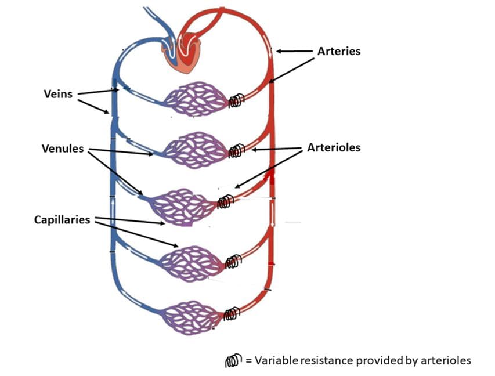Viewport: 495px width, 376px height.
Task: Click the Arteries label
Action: tap(339, 51)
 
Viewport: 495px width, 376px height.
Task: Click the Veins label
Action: tap(58, 93)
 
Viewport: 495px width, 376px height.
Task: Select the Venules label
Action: tap(63, 149)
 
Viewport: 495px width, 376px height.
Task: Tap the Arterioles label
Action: tap(334, 147)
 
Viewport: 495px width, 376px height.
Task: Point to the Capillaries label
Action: tap(62, 220)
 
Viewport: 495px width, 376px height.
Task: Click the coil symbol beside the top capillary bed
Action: tap(235, 102)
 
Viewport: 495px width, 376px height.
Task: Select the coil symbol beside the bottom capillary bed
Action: tap(232, 314)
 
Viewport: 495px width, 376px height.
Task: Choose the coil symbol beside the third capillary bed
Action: tap(225, 201)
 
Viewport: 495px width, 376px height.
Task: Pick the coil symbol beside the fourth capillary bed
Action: tap(233, 262)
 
